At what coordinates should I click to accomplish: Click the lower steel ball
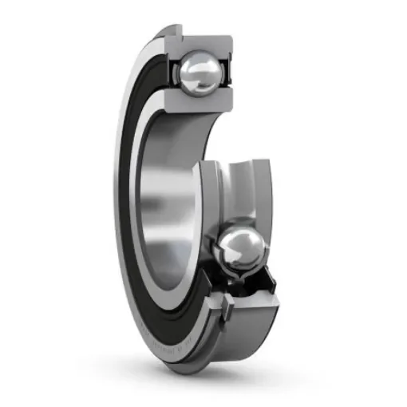[x=242, y=251]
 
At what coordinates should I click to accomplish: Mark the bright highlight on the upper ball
[x=192, y=67]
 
